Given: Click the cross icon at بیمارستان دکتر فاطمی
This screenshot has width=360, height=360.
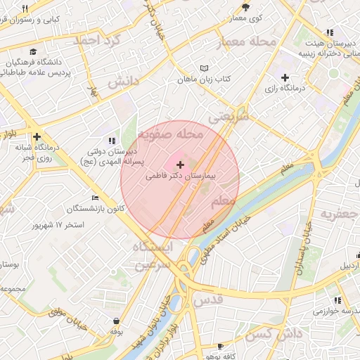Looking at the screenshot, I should [181, 164].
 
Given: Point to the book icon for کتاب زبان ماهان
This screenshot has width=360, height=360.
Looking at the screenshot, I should [205, 69].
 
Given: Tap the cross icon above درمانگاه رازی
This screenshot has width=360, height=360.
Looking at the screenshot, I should [285, 77].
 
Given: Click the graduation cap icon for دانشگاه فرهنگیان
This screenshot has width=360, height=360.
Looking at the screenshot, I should [34, 51].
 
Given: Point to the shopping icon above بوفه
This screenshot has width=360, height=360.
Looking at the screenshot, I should [116, 321].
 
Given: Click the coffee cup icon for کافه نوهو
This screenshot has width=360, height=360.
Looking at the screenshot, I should [220, 346].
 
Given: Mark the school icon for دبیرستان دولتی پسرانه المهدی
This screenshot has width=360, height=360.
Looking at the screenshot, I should [112, 141].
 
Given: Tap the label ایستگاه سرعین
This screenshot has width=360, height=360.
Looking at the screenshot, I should [152, 256].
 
